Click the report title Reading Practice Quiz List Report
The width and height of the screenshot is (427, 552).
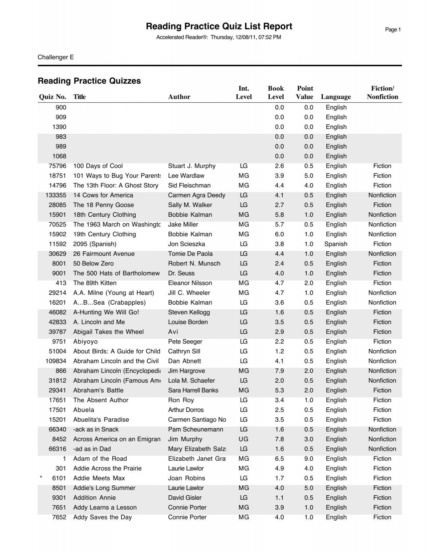pos(219,26)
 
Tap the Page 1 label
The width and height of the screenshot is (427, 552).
pos(393,30)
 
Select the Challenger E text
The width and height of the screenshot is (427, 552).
pos(56,57)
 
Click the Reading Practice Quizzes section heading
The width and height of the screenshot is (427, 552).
pos(89,81)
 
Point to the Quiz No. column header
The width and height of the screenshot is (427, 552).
pos(53,97)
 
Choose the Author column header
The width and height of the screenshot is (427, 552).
pos(179,97)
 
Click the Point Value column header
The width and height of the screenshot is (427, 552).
pos(305,93)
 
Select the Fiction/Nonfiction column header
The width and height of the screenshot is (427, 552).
pos(382,93)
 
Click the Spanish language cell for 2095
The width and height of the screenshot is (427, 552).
pos(336,244)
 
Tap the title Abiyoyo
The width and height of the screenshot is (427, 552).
pos(85,341)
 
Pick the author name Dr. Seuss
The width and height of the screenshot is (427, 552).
pos(181,273)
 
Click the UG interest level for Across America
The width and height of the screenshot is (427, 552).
pos(244,439)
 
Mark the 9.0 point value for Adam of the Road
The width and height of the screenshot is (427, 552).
pos(309,459)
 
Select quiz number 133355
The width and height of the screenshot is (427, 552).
pos(56,195)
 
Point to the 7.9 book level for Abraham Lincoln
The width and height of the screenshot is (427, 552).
pos(279,371)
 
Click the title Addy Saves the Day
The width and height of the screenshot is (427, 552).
pos(102,517)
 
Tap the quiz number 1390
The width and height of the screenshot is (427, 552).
pos(59,127)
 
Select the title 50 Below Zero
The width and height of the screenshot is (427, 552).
pos(94,264)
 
